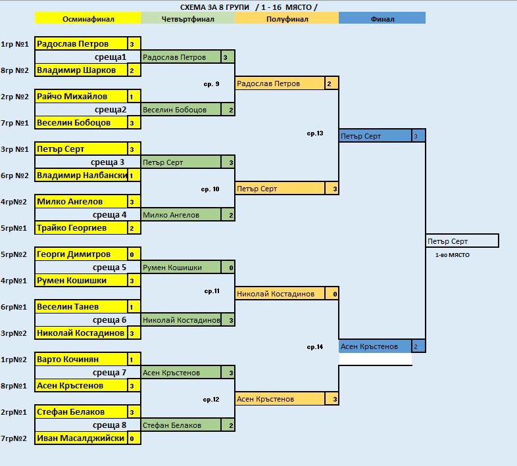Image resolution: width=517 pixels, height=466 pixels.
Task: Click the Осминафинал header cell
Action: pyautogui.click(x=87, y=19)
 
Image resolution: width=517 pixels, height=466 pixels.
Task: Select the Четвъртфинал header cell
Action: pyautogui.click(x=187, y=19)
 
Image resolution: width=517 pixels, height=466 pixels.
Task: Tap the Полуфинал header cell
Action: pyautogui.click(x=285, y=19)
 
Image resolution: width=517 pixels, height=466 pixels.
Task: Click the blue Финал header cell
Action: pyautogui.click(x=382, y=19)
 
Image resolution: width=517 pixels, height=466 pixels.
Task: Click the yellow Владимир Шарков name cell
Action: pyautogui.click(x=80, y=70)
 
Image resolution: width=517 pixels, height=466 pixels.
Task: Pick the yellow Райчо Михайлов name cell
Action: pyautogui.click(x=80, y=97)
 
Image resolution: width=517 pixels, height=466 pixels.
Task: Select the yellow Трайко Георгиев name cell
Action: pyautogui.click(x=80, y=228)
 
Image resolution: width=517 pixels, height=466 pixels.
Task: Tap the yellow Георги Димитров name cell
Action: pyautogui.click(x=80, y=254)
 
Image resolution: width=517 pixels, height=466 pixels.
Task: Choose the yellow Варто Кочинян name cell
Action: pyautogui.click(x=80, y=360)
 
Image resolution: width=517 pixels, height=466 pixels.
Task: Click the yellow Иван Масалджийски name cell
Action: pyautogui.click(x=80, y=438)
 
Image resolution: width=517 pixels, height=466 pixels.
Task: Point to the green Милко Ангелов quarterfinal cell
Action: pyautogui.click(x=181, y=215)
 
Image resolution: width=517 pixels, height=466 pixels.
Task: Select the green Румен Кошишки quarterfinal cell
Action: pyautogui.click(x=181, y=268)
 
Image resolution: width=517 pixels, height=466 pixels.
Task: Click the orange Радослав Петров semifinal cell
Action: pyautogui.click(x=280, y=83)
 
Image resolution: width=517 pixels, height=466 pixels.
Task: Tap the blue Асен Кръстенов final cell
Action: pyautogui.click(x=375, y=346)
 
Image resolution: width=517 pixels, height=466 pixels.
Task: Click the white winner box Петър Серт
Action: pyautogui.click(x=462, y=241)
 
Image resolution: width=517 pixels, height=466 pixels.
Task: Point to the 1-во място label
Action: pyautogui.click(x=452, y=254)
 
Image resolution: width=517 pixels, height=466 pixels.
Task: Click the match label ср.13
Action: pyautogui.click(x=315, y=133)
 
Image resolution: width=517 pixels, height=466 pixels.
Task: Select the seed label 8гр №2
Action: pyautogui.click(x=14, y=70)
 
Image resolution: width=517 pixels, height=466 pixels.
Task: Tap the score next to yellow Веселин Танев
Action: pyautogui.click(x=132, y=307)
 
